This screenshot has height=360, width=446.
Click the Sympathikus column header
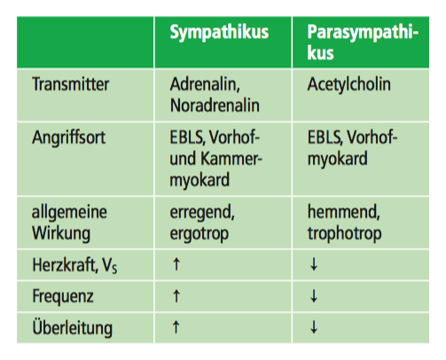tap(219, 33)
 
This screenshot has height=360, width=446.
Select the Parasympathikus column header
tap(363, 43)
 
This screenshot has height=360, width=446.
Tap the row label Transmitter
tap(71, 84)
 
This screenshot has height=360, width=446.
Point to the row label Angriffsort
tap(68, 137)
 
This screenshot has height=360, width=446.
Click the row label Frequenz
tap(63, 296)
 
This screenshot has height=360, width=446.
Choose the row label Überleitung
tap(73, 327)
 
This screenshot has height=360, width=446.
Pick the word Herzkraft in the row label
tap(65, 264)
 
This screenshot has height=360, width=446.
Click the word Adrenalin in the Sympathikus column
tap(205, 84)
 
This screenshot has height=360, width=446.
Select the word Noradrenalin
tap(215, 106)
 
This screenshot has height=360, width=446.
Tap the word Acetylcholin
tap(348, 84)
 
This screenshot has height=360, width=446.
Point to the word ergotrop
tap(200, 234)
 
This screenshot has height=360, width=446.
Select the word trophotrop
tap(344, 234)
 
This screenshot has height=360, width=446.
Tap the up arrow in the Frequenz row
tap(176, 295)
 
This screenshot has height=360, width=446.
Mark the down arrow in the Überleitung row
tap(314, 327)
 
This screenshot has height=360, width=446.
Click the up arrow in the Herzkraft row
tap(176, 264)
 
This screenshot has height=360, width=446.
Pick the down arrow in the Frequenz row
tap(314, 296)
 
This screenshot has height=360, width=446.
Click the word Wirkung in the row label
tap(61, 234)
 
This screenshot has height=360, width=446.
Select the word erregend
tap(202, 213)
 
